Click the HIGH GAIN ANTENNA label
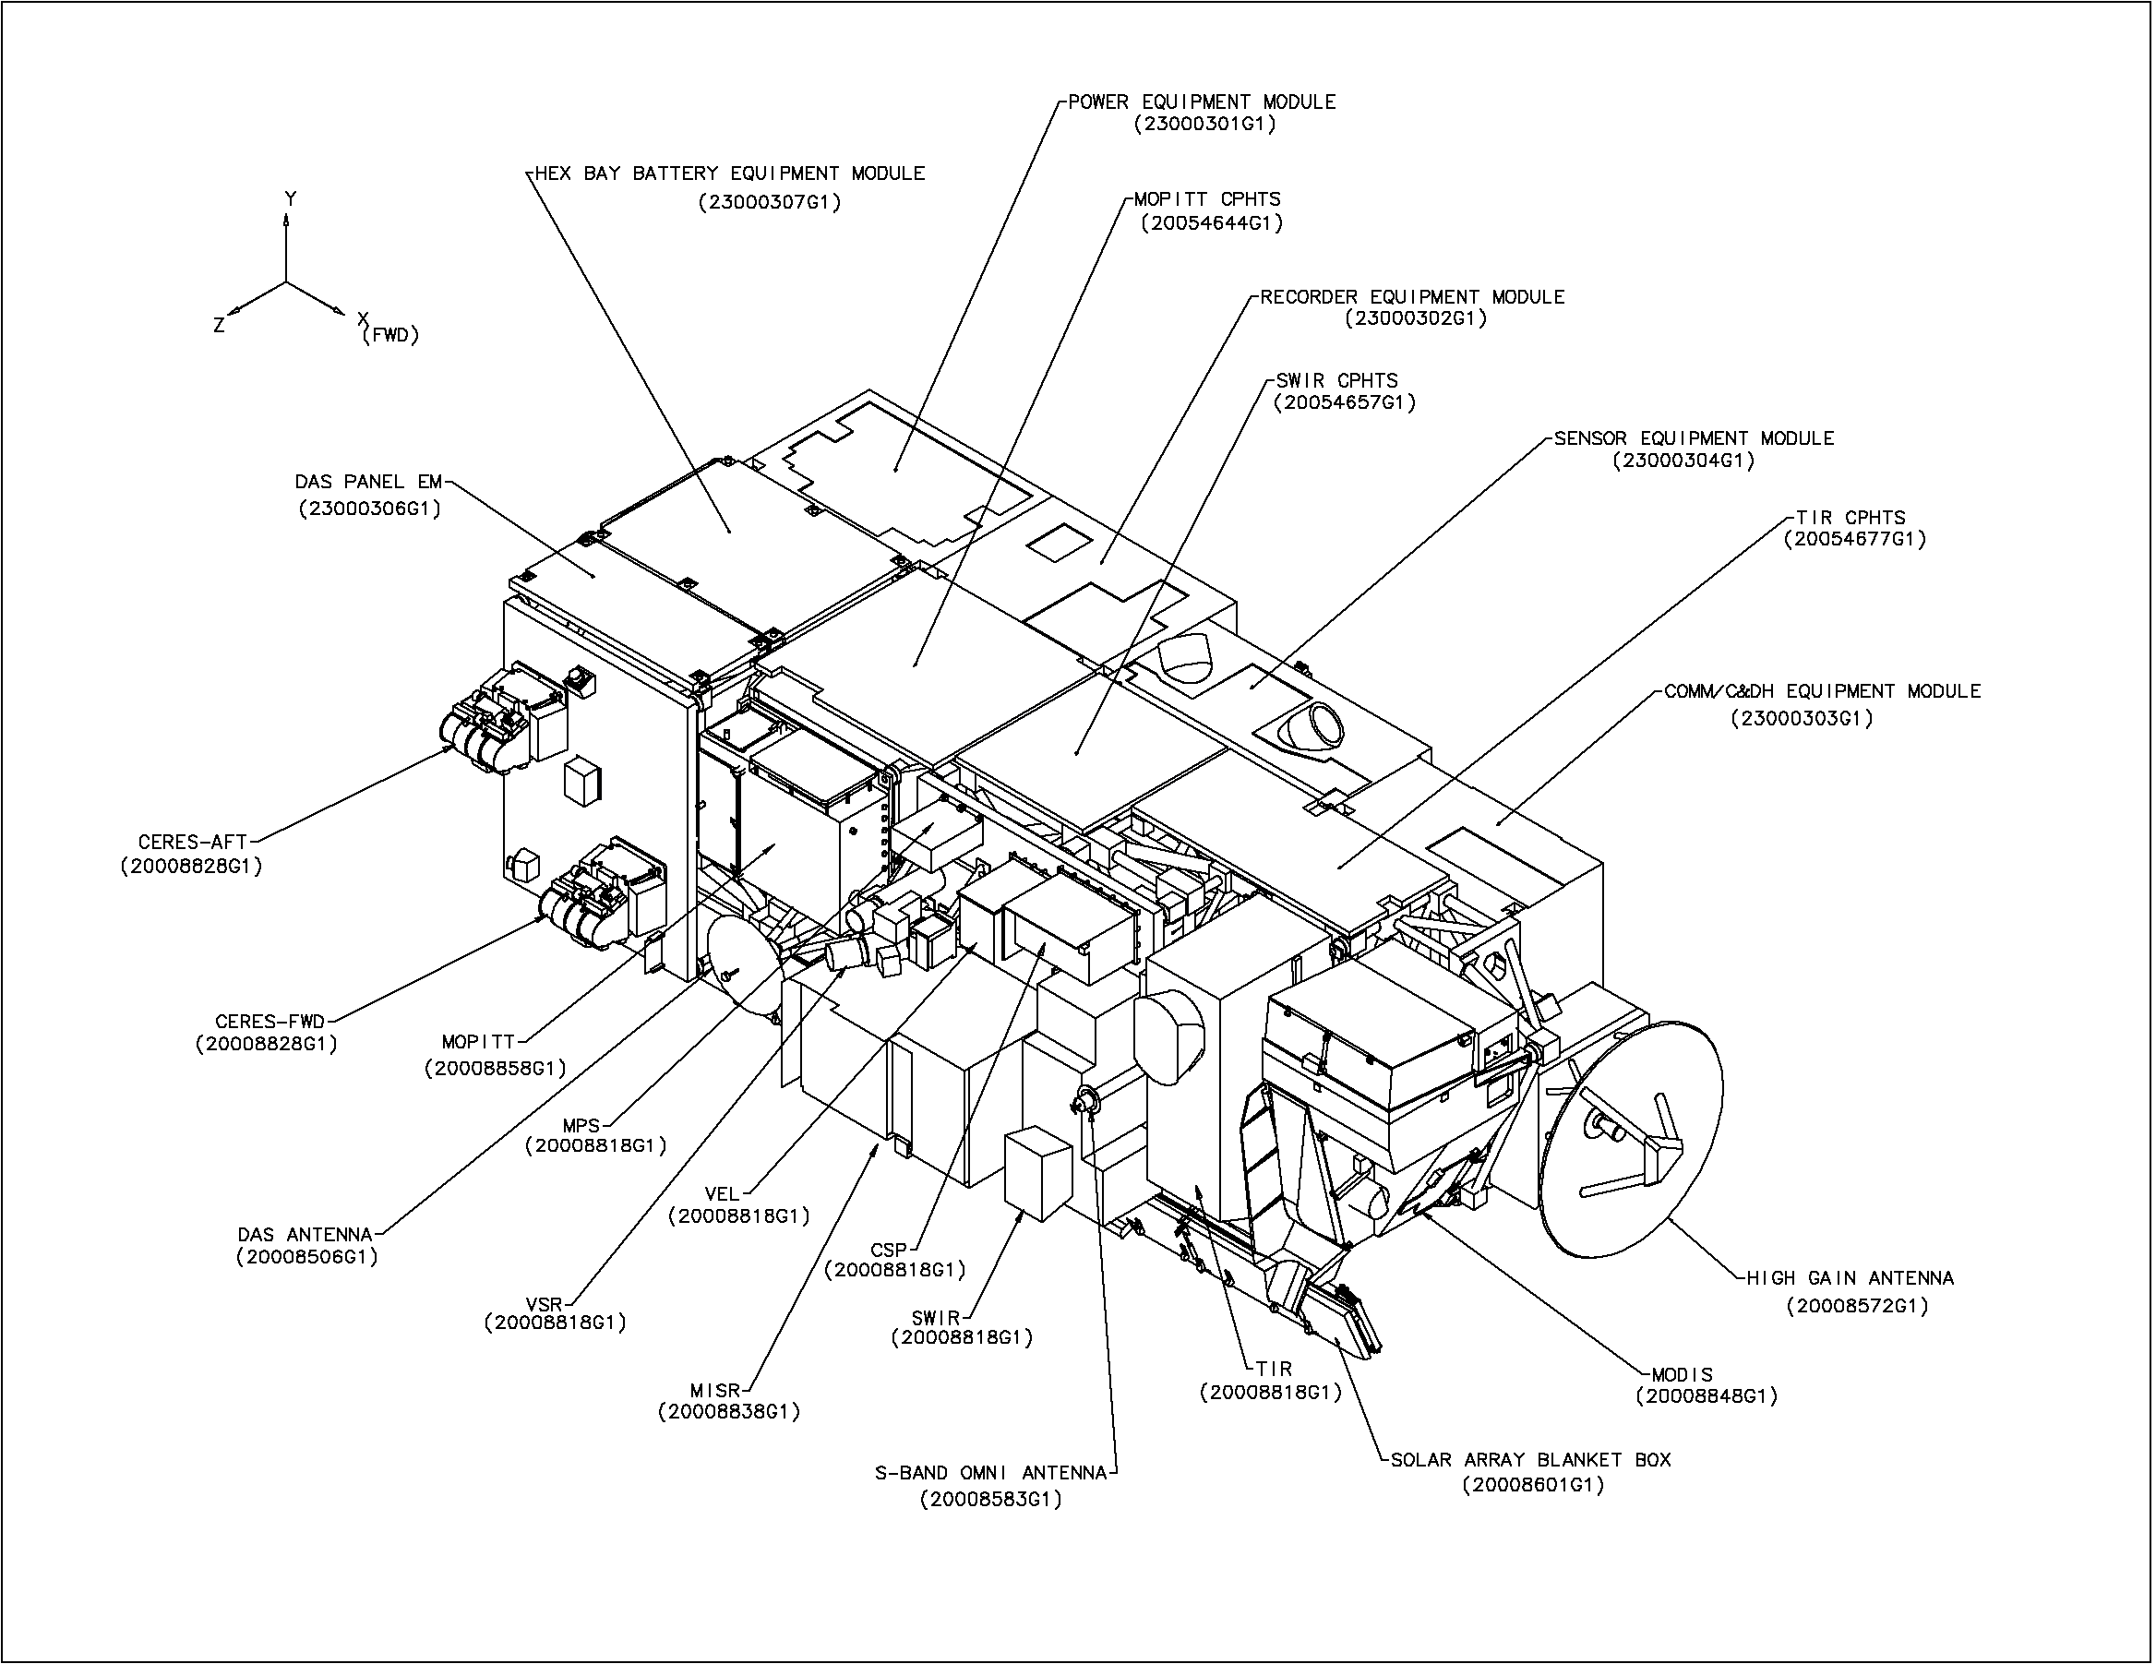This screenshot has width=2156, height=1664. (1850, 1278)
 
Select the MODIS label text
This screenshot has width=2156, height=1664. (1683, 1374)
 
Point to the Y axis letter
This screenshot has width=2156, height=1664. (290, 199)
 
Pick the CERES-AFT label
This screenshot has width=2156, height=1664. (193, 843)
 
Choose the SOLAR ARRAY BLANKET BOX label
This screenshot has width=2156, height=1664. (1530, 1460)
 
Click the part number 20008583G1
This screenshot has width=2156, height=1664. (991, 1499)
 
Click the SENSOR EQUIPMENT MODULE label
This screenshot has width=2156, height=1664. (1694, 438)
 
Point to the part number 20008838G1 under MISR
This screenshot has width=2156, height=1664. (728, 1411)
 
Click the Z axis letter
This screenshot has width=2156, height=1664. (219, 325)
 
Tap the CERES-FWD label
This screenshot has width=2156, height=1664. (269, 1022)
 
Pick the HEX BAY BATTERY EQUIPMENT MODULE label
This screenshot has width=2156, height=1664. (729, 174)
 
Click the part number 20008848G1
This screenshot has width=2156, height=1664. (1706, 1396)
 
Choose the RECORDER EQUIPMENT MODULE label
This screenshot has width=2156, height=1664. (1413, 297)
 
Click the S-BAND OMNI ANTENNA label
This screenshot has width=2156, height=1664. (991, 1474)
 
